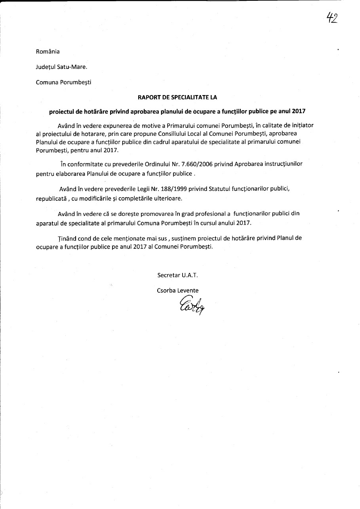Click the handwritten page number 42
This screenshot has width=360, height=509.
(332, 18)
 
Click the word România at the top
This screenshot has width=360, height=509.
(48, 51)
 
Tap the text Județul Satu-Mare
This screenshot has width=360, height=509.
(61, 67)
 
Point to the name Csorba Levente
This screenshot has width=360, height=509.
(177, 290)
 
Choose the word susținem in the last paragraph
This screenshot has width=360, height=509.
(190, 238)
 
